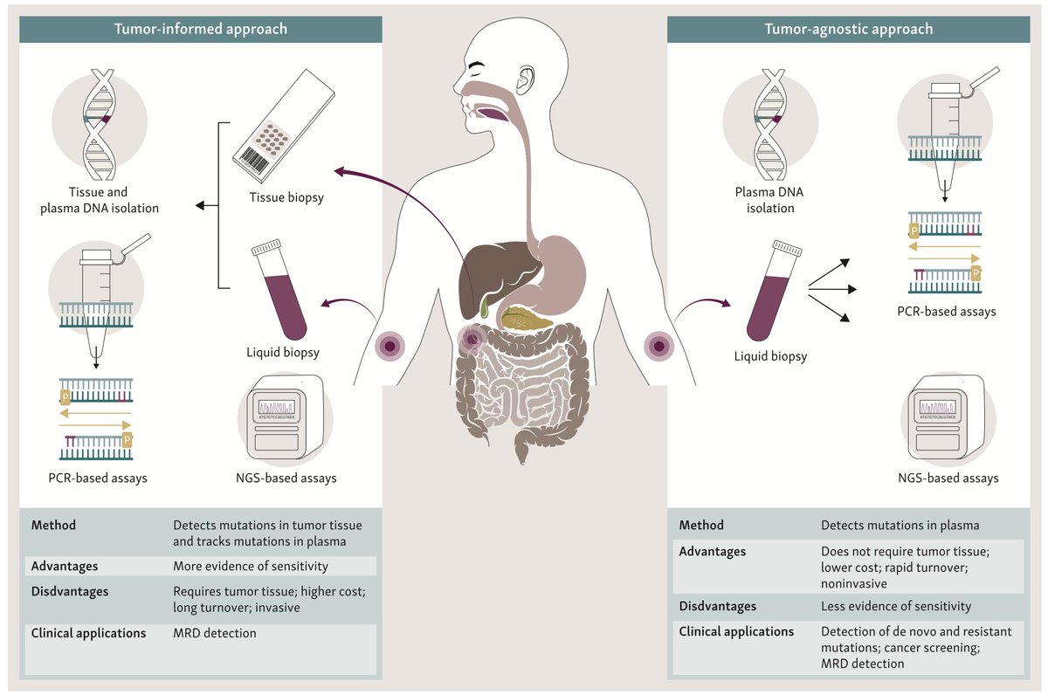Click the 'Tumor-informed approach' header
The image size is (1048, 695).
[201, 29]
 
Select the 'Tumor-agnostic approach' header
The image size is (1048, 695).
[848, 29]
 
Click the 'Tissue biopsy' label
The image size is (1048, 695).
[287, 197]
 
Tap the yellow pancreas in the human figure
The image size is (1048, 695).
[527, 319]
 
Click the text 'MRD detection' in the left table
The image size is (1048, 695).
[215, 633]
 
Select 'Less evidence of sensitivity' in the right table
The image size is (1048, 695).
[896, 606]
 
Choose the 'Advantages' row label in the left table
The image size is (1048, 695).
[65, 565]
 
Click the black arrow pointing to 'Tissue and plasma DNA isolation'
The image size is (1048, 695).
[205, 206]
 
